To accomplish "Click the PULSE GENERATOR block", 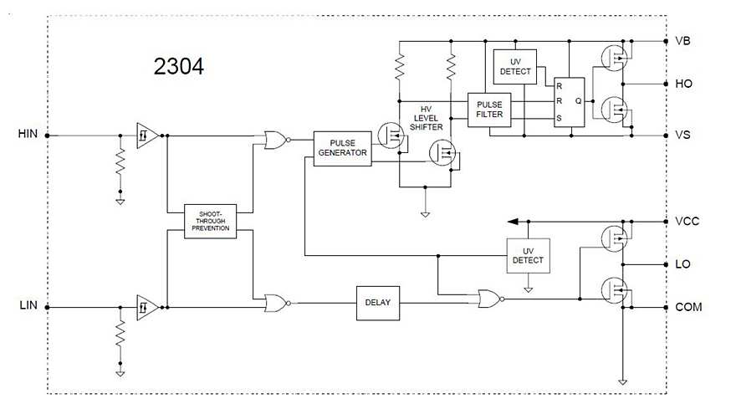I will pos(343,149).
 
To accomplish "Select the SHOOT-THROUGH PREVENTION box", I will pos(211,221).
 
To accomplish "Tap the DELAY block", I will pos(378,303).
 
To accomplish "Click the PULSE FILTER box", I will pos(489,110).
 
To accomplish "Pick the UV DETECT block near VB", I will pos(514,67).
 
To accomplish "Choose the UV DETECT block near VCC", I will pos(528,255).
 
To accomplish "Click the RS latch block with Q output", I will pos(569,103).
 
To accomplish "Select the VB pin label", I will pos(683,41).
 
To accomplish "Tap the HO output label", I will pos(683,84).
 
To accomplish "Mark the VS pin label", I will pos(683,135).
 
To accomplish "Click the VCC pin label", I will pos(687,222).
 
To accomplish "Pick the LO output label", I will pos(683,264).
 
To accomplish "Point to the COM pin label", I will pos(688,307).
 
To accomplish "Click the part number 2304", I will pos(179,67).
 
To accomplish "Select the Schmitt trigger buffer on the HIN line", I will pos(146,134).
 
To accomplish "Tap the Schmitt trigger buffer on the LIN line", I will pos(146,307).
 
